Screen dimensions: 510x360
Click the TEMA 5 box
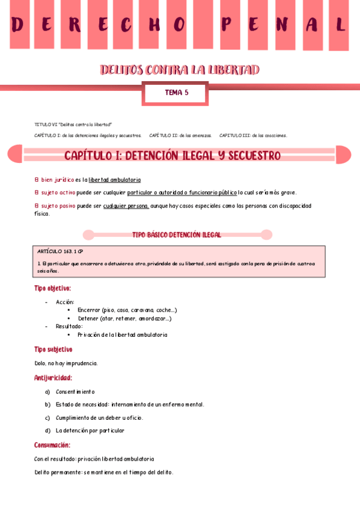coord(177,93)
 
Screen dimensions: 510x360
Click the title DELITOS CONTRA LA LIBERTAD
coord(180,70)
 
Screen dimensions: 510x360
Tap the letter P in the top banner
coord(227,25)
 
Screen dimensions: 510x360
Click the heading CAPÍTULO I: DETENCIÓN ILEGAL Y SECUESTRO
coord(172,156)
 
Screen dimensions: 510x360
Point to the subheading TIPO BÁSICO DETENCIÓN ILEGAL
coord(177,235)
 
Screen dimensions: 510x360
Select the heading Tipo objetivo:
coord(53,289)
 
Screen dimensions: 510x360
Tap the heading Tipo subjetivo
coord(53,349)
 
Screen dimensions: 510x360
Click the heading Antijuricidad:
coord(53,378)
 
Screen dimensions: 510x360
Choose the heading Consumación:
coord(52,445)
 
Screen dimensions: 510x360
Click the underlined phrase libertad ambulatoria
coord(114,180)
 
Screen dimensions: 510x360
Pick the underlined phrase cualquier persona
coord(126,206)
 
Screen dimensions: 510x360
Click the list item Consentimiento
coord(75,392)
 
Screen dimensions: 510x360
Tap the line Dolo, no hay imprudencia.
coord(66,363)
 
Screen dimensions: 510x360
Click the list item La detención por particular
coord(90,431)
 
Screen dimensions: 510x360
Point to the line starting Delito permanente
coord(104,472)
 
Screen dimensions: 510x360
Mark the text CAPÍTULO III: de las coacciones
coord(253,135)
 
